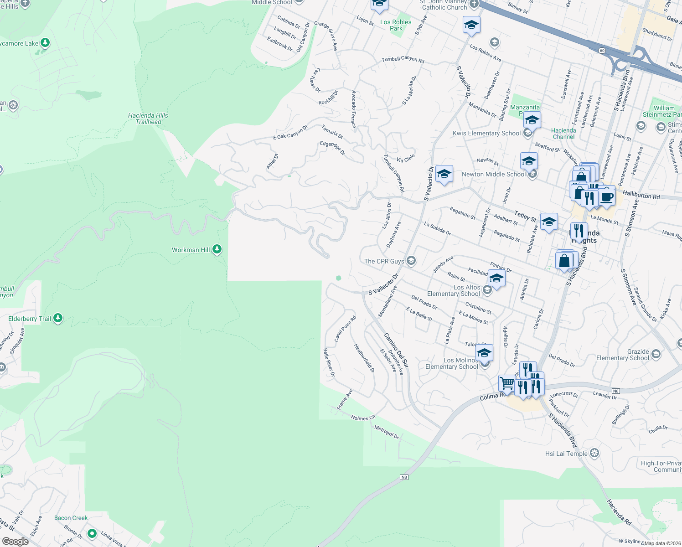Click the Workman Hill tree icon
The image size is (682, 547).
point(217,249)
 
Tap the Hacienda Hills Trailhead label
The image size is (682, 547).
point(148,119)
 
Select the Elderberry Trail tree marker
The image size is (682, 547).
point(58,318)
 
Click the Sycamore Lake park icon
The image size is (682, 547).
point(45,43)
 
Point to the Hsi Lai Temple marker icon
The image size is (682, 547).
point(594,453)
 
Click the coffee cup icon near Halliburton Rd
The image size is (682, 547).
point(607,196)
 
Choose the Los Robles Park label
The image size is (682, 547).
point(396,25)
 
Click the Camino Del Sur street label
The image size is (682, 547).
point(396,350)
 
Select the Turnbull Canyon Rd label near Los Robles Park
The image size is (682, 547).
point(403,60)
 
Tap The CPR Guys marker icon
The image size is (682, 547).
point(411,261)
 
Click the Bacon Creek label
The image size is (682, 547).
point(71,518)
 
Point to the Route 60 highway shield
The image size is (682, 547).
point(602,51)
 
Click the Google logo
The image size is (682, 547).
point(15,541)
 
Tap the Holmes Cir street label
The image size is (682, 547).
point(363,418)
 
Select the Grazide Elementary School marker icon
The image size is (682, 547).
point(656,354)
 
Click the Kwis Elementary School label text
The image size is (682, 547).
point(486,133)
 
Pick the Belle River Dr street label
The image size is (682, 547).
point(329,362)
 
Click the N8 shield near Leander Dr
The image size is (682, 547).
point(615,391)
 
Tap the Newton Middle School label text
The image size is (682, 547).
point(494,174)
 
